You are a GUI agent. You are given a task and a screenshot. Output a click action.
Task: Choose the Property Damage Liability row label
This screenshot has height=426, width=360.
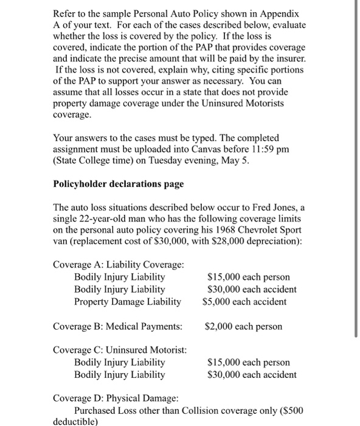pos(127,301)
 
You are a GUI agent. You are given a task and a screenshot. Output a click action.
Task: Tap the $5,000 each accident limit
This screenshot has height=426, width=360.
pos(249,301)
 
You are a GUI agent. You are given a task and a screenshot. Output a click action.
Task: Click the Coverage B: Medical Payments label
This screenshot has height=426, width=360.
pos(117,326)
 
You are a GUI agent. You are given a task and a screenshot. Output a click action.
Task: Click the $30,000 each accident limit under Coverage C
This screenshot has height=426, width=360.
pos(252,374)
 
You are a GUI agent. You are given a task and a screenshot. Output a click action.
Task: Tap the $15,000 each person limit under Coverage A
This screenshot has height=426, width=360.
pos(248,277)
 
